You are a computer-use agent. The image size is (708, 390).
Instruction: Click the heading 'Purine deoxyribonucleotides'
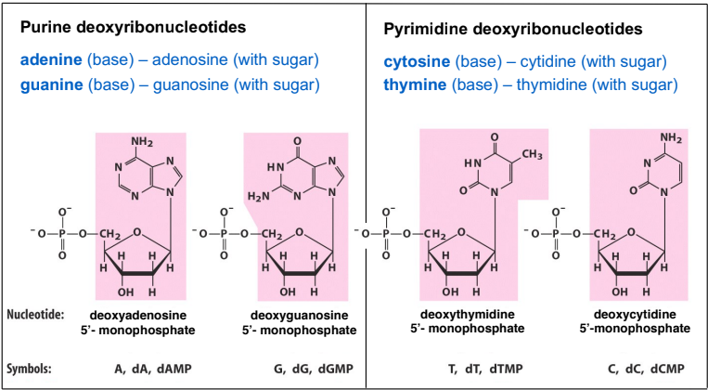pyautogui.click(x=133, y=29)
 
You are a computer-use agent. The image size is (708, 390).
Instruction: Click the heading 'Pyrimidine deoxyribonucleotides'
pyautogui.click(x=513, y=30)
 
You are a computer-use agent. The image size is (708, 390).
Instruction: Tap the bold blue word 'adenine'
pyautogui.click(x=50, y=60)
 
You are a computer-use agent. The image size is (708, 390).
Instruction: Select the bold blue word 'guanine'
pyautogui.click(x=51, y=84)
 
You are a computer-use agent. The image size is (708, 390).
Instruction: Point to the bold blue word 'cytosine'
pyautogui.click(x=417, y=62)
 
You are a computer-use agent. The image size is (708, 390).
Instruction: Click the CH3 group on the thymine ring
pyautogui.click(x=532, y=155)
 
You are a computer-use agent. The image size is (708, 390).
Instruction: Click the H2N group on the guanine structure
pyautogui.click(x=259, y=196)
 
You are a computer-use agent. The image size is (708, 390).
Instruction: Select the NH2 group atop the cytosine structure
pyautogui.click(x=671, y=137)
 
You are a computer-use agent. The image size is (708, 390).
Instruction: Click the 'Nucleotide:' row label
pyautogui.click(x=33, y=314)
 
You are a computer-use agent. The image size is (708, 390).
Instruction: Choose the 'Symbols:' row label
pyautogui.click(x=29, y=370)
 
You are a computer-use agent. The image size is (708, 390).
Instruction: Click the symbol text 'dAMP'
pyautogui.click(x=174, y=370)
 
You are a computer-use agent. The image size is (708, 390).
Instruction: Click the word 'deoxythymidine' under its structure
pyautogui.click(x=468, y=314)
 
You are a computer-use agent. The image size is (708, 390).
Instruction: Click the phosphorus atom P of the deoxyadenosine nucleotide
pyautogui.click(x=62, y=234)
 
